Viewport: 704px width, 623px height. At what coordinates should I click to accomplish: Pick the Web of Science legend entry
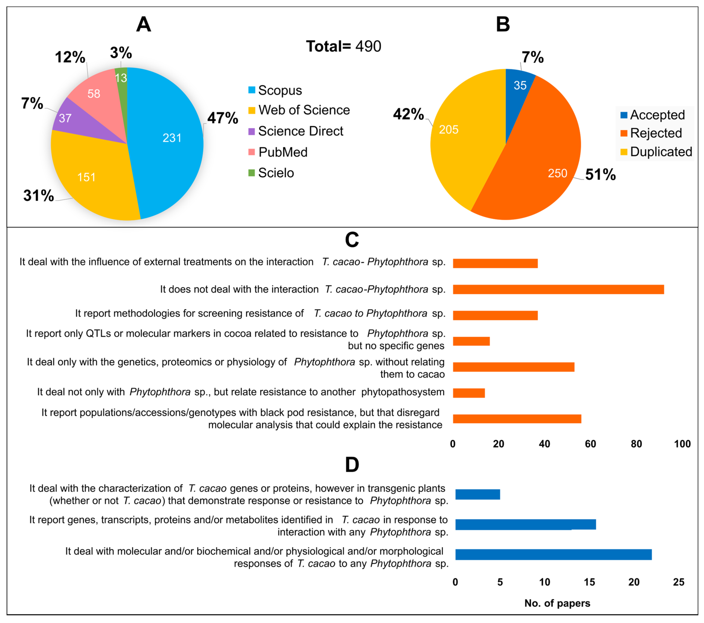tap(299, 110)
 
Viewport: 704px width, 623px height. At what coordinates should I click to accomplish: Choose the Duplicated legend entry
tap(656, 152)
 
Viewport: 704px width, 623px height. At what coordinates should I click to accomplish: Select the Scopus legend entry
tap(275, 90)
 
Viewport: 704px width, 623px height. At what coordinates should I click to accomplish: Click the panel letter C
tap(352, 240)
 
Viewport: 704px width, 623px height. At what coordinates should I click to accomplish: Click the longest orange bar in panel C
tap(558, 290)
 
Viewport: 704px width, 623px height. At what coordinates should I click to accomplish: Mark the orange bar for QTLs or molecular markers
tap(471, 341)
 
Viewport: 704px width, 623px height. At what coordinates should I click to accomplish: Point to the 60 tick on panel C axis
tap(590, 444)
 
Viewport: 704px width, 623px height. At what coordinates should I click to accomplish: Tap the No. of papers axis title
tap(557, 603)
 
